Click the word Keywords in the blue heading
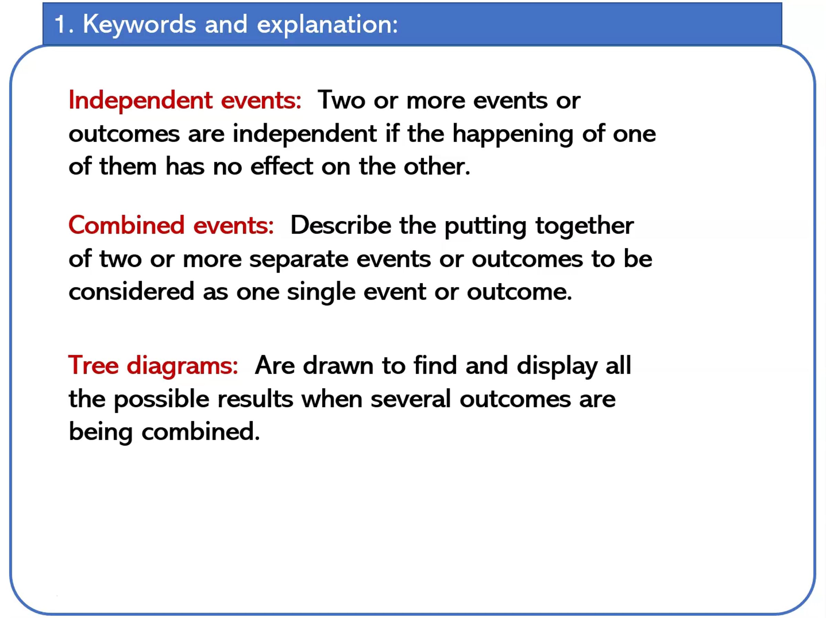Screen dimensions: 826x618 pyautogui.click(x=139, y=24)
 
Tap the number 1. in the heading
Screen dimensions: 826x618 pyautogui.click(x=63, y=24)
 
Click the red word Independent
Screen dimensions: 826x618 pyautogui.click(x=141, y=101)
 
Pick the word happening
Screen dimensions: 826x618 pyautogui.click(x=513, y=134)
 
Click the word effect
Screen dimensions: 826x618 pyautogui.click(x=282, y=166)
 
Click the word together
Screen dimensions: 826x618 pyautogui.click(x=584, y=227)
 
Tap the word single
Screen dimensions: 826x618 pyautogui.click(x=321, y=292)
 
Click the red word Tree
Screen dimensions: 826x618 pyautogui.click(x=93, y=365)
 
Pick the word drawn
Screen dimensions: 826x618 pyautogui.click(x=338, y=365)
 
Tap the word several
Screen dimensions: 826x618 pyautogui.click(x=411, y=399)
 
